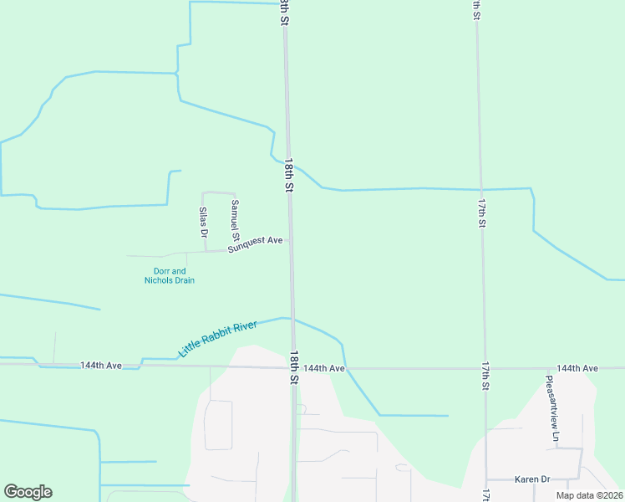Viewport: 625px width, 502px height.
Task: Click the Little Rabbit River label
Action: point(218,338)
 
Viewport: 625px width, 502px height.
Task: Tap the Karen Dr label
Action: point(532,479)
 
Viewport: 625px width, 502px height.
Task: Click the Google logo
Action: point(28,492)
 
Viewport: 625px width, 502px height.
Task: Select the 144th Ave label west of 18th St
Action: point(101,366)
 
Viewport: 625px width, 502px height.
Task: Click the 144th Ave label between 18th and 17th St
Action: point(324,368)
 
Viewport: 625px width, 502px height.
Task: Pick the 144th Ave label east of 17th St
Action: point(577,368)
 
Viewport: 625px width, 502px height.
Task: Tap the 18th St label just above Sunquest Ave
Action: point(288,176)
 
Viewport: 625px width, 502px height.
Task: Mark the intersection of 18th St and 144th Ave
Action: point(293,367)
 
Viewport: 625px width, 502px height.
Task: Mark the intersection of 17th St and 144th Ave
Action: point(485,368)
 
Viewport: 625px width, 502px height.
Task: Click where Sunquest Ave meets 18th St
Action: point(290,241)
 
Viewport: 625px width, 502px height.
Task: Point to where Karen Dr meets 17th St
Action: point(486,480)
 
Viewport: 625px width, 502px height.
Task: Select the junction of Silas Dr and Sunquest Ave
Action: point(206,251)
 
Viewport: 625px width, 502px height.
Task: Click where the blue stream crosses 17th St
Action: point(481,188)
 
